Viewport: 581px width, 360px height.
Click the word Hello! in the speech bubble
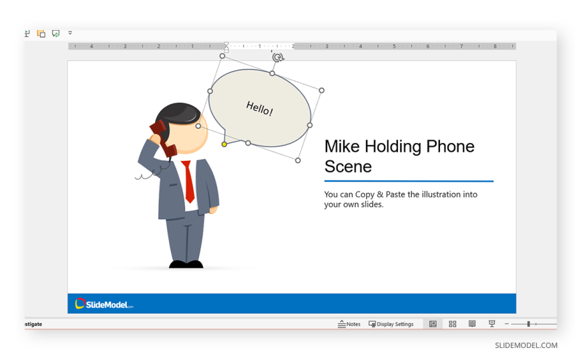coord(260,108)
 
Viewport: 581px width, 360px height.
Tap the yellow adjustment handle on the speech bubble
coord(224,144)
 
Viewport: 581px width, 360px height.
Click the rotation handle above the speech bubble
coord(278,57)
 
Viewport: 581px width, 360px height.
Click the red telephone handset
coord(163,138)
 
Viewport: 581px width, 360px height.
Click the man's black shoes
coord(186,264)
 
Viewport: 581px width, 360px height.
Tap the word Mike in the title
coord(342,146)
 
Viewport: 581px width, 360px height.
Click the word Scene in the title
coord(348,166)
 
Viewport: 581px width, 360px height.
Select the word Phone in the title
coord(450,146)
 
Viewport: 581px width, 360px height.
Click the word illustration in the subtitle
coord(433,194)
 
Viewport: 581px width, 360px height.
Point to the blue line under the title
coord(409,181)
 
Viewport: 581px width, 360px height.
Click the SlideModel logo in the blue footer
coord(104,304)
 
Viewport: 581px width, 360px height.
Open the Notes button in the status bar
coord(349,324)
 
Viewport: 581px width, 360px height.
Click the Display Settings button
coord(391,324)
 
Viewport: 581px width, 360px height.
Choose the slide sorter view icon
coord(452,324)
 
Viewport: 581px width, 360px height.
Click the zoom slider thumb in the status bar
coord(528,324)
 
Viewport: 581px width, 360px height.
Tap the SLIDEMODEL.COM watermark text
coord(526,345)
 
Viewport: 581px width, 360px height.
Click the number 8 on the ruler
coord(495,46)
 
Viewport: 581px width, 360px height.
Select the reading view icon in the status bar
coord(472,324)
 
